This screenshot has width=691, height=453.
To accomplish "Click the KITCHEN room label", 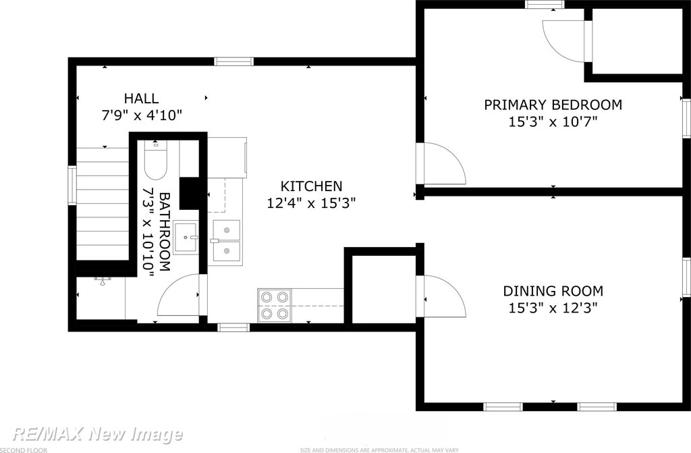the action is tap(312, 186).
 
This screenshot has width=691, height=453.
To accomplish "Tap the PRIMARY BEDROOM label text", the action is tap(553, 105).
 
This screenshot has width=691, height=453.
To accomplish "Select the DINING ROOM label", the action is tap(553, 291).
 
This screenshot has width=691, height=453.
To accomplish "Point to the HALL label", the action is tap(141, 98).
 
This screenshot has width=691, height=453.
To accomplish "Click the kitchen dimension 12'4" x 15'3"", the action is tap(312, 203).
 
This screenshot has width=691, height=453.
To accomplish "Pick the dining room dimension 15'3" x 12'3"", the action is tap(553, 308).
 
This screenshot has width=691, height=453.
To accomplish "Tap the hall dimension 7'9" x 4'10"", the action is tap(142, 115).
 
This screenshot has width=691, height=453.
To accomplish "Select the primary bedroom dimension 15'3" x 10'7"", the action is tap(553, 122).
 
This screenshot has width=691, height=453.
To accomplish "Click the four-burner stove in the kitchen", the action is tap(274, 304).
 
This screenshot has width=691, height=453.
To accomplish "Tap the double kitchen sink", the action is tap(227, 242).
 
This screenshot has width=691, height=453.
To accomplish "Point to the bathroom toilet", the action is tap(155, 160).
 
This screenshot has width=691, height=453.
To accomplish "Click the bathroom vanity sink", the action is tap(186, 238).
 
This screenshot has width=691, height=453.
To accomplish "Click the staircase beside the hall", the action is tap(103, 204).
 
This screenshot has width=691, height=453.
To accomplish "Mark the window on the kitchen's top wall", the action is tap(234, 61).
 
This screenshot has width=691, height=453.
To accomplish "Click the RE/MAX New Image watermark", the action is tap(97, 435).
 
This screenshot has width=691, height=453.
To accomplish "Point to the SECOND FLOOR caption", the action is tap(24, 450).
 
